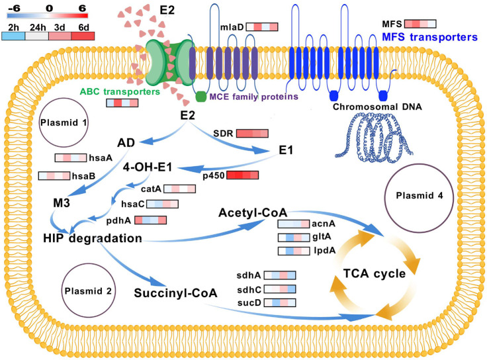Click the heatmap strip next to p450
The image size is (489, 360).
pos(243,175)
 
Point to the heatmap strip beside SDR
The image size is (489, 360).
pos(252,133)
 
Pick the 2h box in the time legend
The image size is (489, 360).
pos(13,36)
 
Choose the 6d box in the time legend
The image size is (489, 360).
pos(83,36)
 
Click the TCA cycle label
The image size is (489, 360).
pos(375,273)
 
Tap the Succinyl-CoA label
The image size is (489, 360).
pos(175,293)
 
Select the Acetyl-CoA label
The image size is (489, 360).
pos(253,212)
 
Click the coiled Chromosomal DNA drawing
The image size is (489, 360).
pos(375,138)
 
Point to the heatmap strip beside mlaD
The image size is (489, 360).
pos(262,27)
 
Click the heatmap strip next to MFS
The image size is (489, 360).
pos(420,24)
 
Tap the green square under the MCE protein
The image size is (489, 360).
pos(201,97)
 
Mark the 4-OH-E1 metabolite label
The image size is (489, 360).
pos(147,167)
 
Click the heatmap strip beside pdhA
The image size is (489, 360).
pos(150,220)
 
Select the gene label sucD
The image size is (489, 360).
pos(249,303)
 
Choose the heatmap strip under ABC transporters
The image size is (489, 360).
pos(122,103)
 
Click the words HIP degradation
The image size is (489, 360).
pos(93,238)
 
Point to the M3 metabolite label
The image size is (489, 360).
pos(62,203)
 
